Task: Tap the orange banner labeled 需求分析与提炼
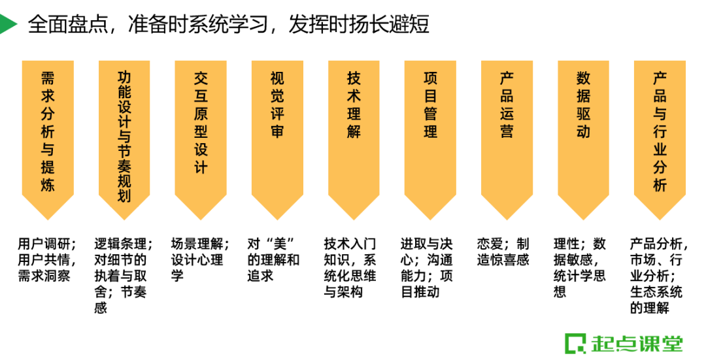tap(48, 134)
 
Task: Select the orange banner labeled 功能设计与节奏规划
tap(124, 134)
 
